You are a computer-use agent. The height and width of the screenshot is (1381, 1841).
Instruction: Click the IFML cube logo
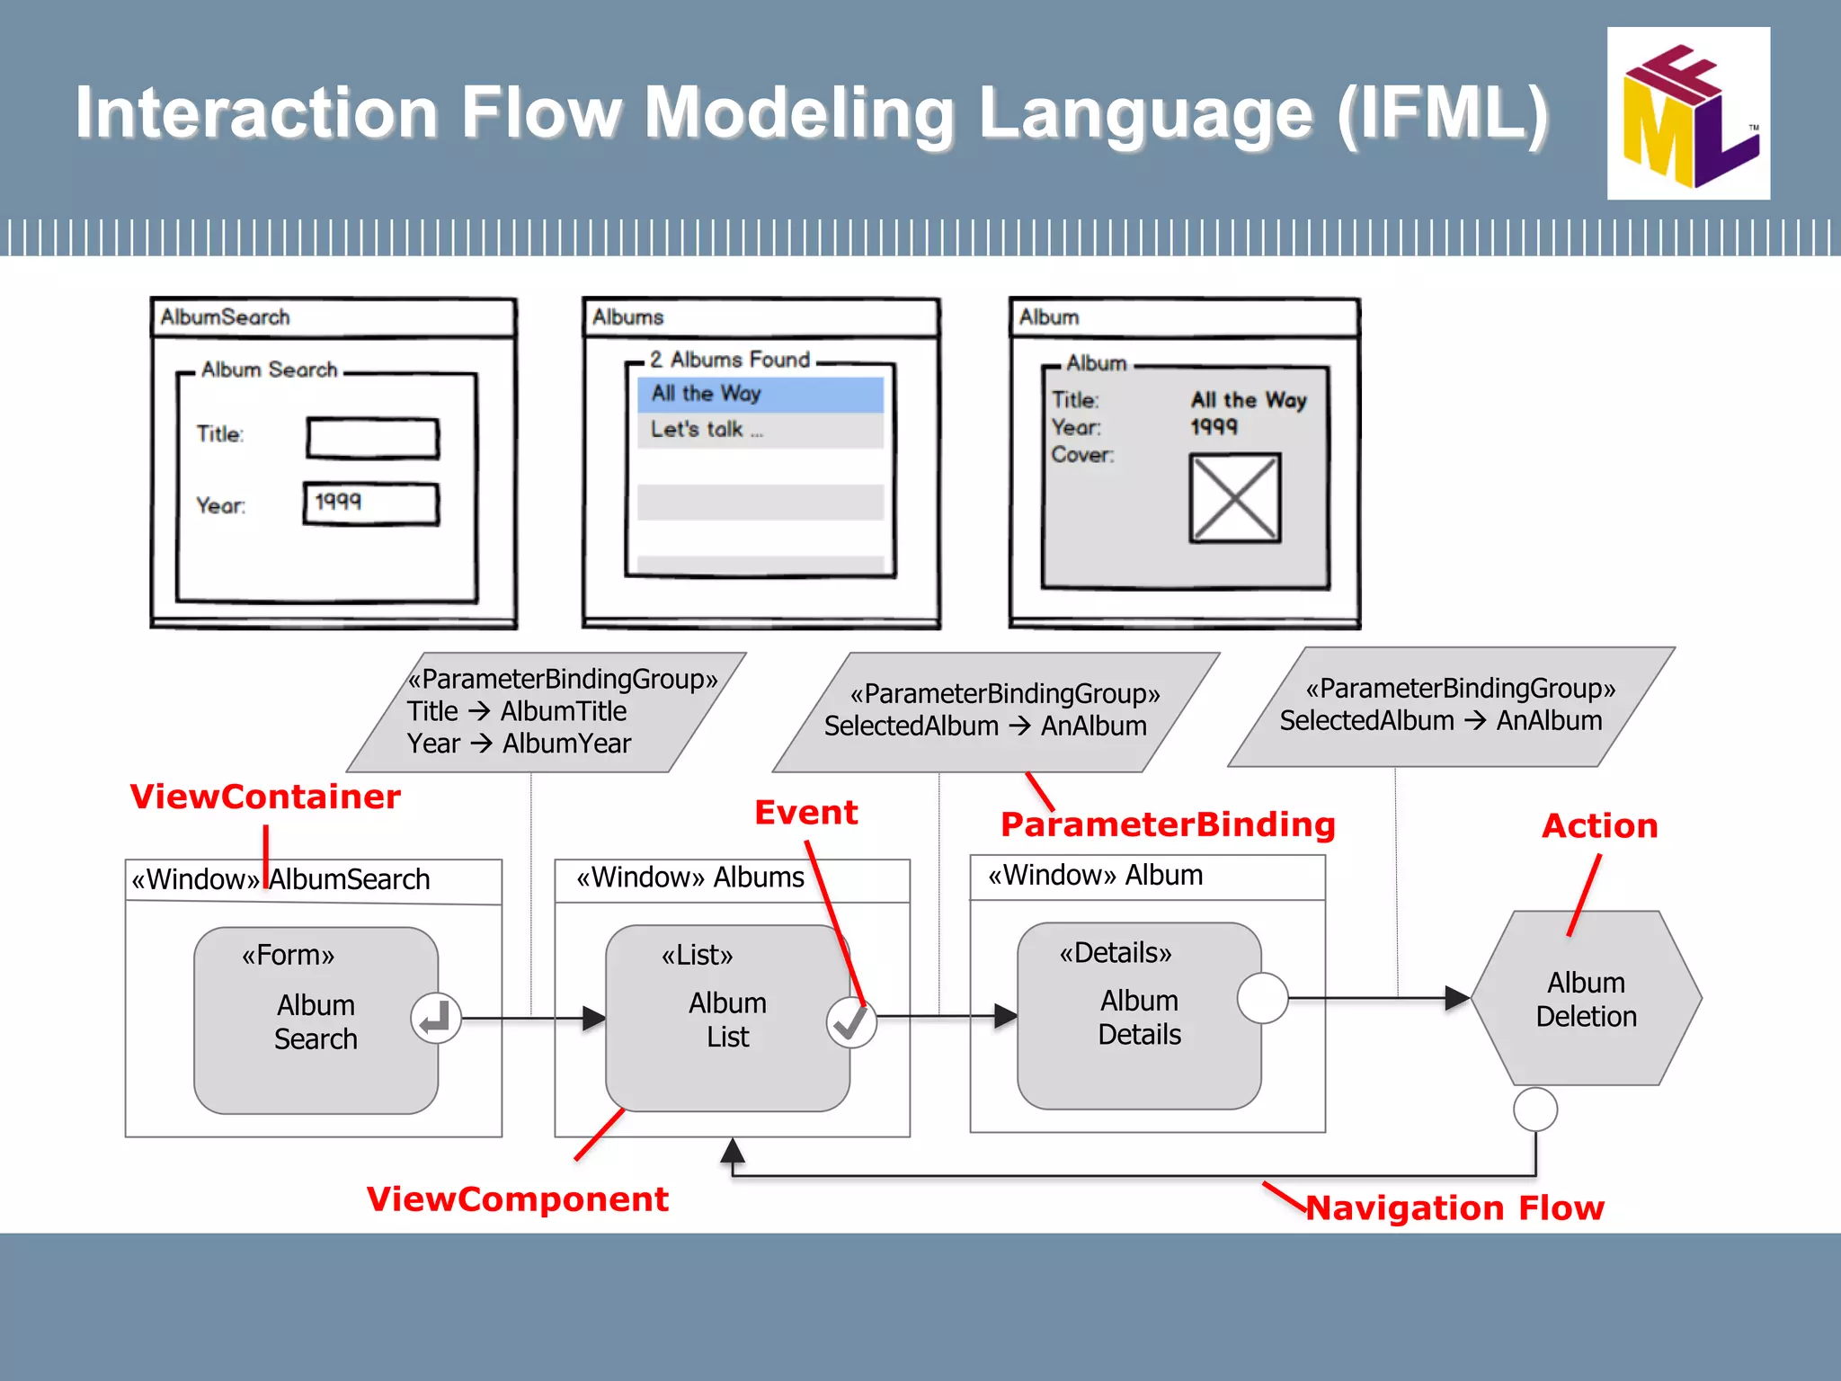coord(1687,114)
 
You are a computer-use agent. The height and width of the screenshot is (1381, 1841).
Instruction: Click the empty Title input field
coord(372,438)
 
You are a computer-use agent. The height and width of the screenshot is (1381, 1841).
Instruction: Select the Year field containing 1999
coord(371,503)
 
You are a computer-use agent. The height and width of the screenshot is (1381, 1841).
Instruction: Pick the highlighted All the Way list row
coord(760,394)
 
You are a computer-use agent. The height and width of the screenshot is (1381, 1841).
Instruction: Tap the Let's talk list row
coord(760,430)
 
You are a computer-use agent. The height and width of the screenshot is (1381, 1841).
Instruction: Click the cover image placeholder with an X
coord(1234,497)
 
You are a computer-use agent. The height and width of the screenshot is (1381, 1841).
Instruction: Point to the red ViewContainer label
coord(265,797)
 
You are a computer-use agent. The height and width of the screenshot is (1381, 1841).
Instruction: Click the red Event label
coord(805,813)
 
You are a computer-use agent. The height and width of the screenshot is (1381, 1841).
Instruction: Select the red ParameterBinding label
coord(1168,824)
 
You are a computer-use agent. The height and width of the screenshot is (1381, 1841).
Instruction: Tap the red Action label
coord(1599,826)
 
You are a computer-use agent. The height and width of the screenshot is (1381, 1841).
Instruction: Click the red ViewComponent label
coord(517,1199)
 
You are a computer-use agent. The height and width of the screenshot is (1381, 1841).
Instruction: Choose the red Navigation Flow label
coord(1454,1208)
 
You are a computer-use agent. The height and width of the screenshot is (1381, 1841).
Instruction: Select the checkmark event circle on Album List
coord(850,1021)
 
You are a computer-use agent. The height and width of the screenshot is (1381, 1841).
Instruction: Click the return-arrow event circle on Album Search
coord(436,1018)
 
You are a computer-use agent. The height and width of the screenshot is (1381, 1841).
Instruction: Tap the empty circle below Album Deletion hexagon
coord(1535,1109)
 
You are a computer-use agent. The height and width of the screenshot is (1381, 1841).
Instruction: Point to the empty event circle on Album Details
coord(1262,998)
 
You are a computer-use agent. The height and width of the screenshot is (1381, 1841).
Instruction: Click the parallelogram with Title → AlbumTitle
coord(546,712)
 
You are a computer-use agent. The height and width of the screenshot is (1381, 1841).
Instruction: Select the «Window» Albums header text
coord(689,878)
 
